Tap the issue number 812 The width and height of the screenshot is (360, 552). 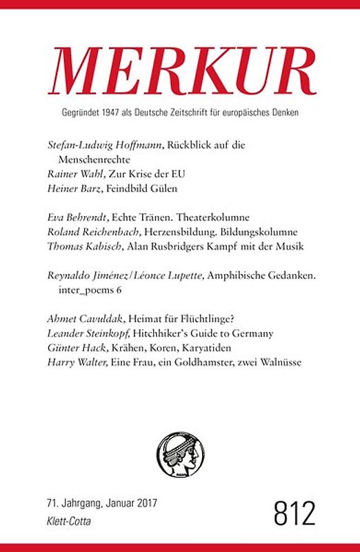(294, 514)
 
